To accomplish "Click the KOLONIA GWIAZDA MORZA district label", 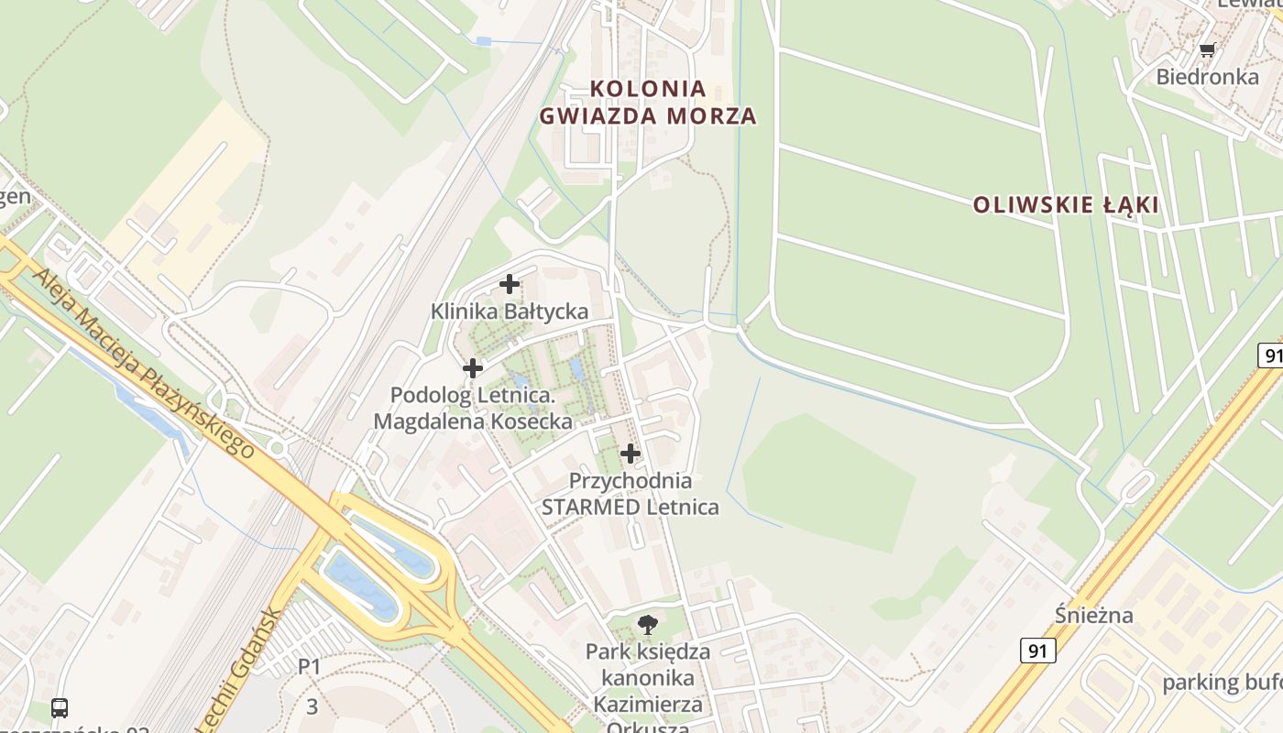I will pos(648,103).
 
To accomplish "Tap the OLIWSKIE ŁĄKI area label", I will pos(1066,204).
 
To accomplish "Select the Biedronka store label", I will pos(1207,76).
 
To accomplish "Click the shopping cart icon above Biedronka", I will pos(1207,49).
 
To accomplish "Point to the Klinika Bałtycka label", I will pos(510,312).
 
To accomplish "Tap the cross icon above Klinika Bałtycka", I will pos(510,284).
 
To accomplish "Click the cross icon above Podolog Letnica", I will pos(473,368).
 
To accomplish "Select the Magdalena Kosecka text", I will pos(473,421).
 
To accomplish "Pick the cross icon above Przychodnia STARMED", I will pos(631,453).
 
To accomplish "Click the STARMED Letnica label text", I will pos(631,507).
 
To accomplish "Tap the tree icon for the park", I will pos(648,625).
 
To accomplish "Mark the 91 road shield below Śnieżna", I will pos(1037,651).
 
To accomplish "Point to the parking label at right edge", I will pos(1222,683).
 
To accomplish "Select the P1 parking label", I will pos(310,666).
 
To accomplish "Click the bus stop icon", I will pos(60,707).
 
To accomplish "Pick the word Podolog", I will pos(431,396).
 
